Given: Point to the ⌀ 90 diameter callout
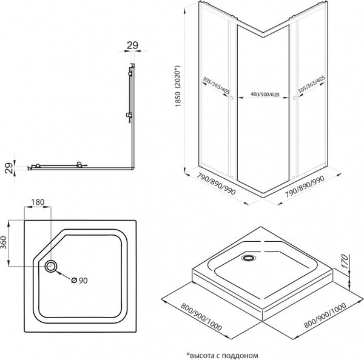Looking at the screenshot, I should [x=81, y=280].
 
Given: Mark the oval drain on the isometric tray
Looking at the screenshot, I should [x=249, y=258].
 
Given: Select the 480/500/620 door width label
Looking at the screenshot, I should [x=263, y=95].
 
